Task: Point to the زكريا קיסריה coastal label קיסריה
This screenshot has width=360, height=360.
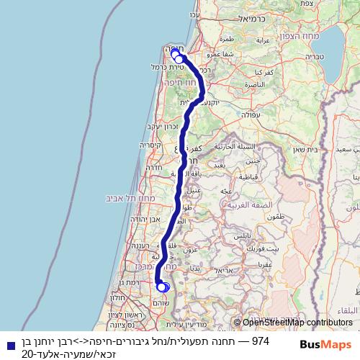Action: (x=148, y=143)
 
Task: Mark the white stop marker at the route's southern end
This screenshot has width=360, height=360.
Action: (x=162, y=287)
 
